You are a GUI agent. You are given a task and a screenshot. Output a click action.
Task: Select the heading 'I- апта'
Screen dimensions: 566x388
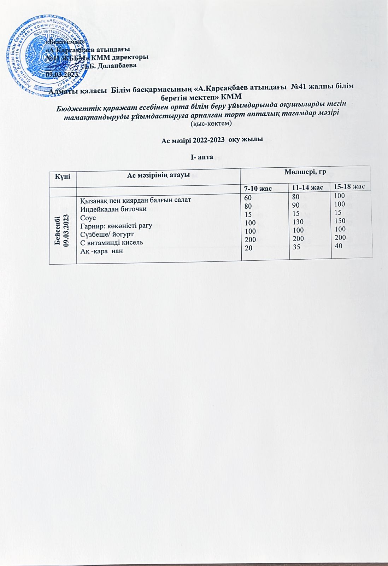tap(202, 157)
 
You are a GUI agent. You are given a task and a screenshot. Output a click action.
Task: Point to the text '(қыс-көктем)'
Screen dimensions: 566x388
tap(211, 124)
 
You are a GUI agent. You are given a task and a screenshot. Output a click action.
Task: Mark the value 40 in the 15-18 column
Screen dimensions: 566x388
tap(339, 245)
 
